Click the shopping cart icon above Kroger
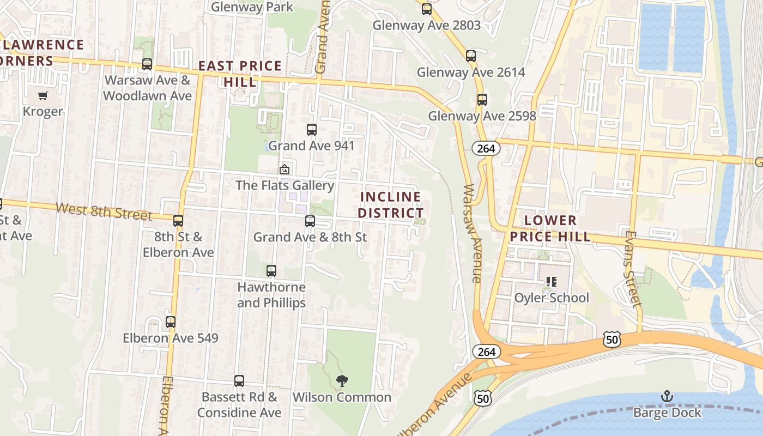[43, 96]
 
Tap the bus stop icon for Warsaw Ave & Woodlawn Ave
[147, 64]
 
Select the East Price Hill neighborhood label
[240, 74]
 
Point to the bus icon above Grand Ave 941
[311, 130]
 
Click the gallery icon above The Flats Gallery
[284, 169]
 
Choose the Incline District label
[391, 205]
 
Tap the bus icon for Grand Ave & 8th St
[310, 221]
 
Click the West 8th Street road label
[104, 211]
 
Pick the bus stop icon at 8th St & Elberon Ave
[178, 221]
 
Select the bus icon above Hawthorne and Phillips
[271, 270]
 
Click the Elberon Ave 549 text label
[170, 338]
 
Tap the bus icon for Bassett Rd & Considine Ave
[239, 381]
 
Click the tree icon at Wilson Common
[342, 381]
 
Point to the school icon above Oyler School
[551, 282]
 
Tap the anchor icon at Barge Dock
[667, 396]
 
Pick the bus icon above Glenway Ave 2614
[471, 56]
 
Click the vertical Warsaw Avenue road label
[471, 233]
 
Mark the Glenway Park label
[252, 7]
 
